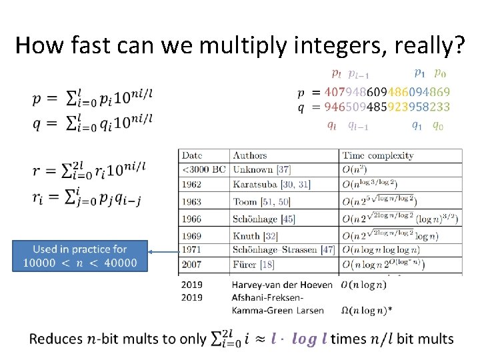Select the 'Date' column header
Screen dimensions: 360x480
192,155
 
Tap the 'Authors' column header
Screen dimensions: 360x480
249,155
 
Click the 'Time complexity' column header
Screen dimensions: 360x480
378,155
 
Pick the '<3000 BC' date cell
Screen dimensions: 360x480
204,169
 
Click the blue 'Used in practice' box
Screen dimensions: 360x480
80,255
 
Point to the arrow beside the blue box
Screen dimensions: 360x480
163,252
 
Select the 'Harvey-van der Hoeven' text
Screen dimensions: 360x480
283,285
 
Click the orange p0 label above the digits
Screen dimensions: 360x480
441,73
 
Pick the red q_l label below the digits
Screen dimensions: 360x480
331,125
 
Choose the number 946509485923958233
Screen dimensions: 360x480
387,107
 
